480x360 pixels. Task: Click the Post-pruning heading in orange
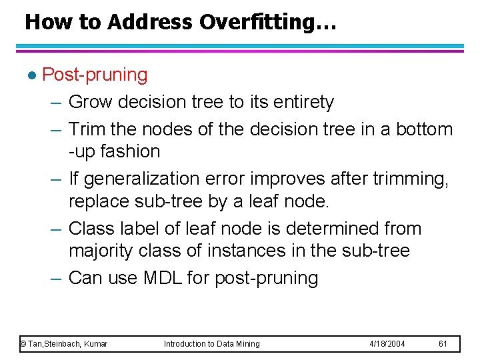[x=95, y=75]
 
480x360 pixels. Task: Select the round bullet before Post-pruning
[x=31, y=75]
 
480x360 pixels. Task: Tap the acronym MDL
[x=162, y=277]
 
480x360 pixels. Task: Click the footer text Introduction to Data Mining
[x=212, y=343]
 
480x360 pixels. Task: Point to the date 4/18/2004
[x=387, y=343]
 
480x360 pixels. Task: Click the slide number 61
[x=443, y=343]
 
